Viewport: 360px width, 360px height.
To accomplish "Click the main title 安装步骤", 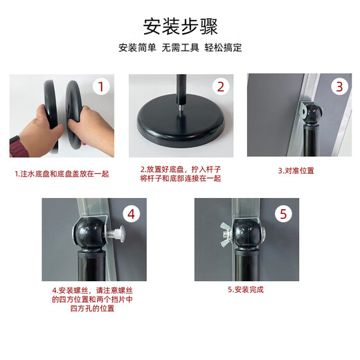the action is coord(180,26).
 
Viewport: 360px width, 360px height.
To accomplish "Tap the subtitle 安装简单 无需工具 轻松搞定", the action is coord(180,48).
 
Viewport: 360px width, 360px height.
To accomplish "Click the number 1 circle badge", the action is coord(101,87).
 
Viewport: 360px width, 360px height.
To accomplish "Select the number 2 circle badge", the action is coord(221,87).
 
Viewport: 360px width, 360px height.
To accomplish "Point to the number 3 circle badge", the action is coord(339,87).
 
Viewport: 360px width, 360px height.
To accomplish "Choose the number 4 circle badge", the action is coord(131,214).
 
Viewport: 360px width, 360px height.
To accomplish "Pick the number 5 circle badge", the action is coord(283,214).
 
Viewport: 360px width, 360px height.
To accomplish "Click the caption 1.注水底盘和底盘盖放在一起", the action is coord(62,174).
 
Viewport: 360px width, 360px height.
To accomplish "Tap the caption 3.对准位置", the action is coord(296,171).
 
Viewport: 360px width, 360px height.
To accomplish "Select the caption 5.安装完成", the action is coord(246,289).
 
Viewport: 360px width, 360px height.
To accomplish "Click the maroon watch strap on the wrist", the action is coord(19,146).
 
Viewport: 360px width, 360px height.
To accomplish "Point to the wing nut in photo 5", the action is coord(226,234).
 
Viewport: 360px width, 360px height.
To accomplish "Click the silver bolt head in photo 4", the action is coord(120,233).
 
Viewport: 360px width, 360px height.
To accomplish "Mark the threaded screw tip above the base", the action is coord(180,109).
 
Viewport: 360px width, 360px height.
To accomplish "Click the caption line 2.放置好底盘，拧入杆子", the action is coord(181,170).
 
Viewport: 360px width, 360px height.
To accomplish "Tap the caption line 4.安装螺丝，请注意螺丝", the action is coord(92,290).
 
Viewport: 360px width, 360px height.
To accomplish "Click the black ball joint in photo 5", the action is coord(246,233).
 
